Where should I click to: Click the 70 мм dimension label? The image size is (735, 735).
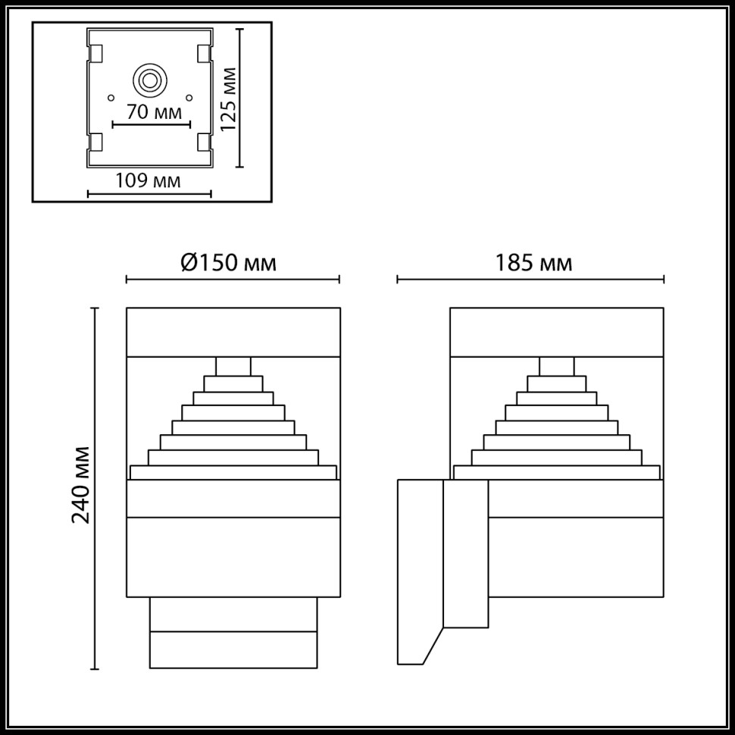point(154,113)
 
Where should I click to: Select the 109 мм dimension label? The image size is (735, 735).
point(148,181)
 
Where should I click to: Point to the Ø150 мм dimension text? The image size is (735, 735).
point(228,263)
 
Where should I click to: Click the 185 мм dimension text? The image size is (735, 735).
point(533,263)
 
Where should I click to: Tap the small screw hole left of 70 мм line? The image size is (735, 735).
point(111,97)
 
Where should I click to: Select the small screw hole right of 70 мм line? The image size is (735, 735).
point(189,97)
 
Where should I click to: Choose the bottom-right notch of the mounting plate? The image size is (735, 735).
point(203,142)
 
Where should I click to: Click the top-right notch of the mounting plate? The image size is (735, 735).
point(203,54)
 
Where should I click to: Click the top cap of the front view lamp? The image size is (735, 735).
point(233,332)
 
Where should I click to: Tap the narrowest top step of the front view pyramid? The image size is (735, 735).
point(233,366)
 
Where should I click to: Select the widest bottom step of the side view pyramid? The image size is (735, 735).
point(557,472)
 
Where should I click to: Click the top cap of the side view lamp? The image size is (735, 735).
point(557,332)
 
